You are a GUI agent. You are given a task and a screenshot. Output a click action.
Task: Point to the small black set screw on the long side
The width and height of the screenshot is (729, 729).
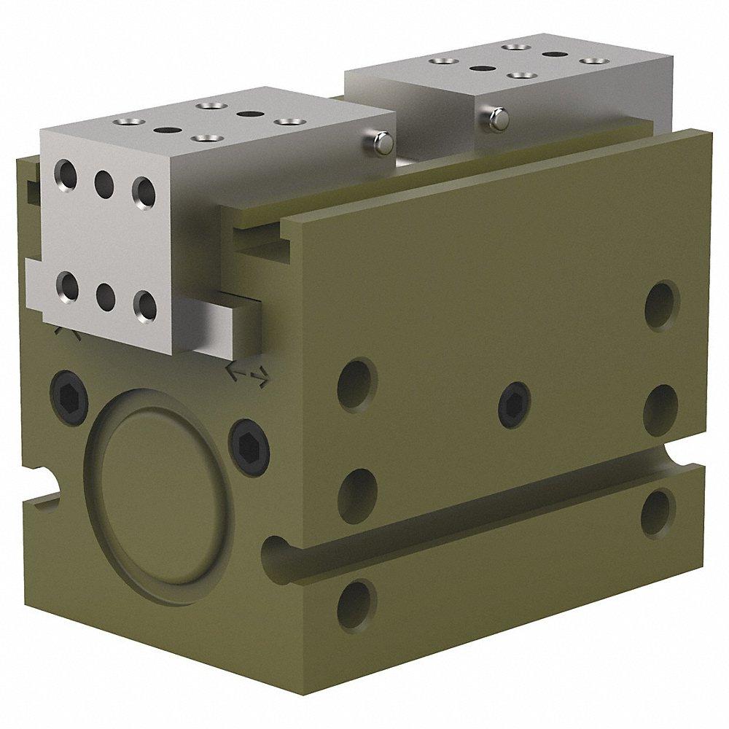coord(514,399)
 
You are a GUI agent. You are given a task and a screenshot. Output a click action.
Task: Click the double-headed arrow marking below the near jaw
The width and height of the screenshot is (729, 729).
coord(248,373)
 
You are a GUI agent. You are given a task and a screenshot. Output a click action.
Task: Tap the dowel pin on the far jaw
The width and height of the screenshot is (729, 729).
coord(498,118)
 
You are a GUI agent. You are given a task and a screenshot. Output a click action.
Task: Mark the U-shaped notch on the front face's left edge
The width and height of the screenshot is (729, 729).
coord(45,483)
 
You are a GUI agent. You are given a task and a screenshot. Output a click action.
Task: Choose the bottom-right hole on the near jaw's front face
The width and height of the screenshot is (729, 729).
coord(145,306)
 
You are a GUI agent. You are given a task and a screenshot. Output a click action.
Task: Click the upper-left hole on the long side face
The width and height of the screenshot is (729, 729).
coord(356,381)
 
